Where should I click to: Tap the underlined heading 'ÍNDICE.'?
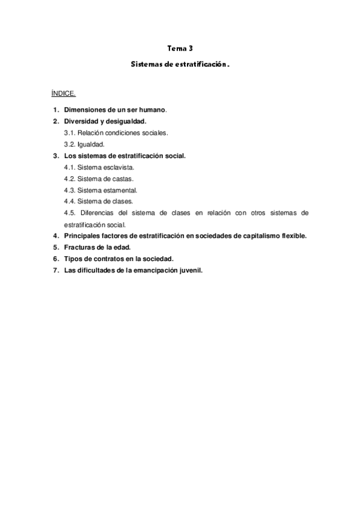(63, 94)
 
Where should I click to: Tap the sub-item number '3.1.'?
(70, 132)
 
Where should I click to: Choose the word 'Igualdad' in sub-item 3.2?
(91, 144)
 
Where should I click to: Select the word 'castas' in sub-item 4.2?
(120, 178)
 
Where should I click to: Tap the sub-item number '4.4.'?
(70, 201)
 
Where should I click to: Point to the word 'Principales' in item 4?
(84, 235)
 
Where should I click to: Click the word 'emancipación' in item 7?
(150, 269)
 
